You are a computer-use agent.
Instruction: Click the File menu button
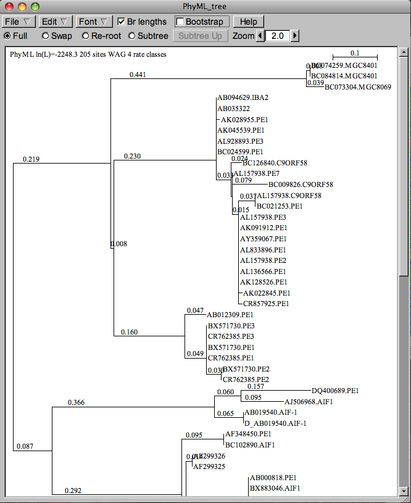pyautogui.click(x=19, y=22)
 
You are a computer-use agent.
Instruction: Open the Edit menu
pyautogui.click(x=57, y=22)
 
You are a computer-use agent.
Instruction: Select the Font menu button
pyautogui.click(x=94, y=22)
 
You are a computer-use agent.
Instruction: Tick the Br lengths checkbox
pyautogui.click(x=122, y=22)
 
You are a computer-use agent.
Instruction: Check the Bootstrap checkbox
pyautogui.click(x=180, y=22)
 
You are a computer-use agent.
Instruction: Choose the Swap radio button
pyautogui.click(x=46, y=36)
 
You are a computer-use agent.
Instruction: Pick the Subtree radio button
pyautogui.click(x=131, y=36)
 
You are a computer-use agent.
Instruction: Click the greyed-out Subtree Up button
pyautogui.click(x=200, y=36)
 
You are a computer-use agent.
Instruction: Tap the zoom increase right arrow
pyautogui.click(x=295, y=36)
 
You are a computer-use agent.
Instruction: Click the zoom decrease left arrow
pyautogui.click(x=260, y=36)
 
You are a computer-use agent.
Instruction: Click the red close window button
pyautogui.click(x=9, y=7)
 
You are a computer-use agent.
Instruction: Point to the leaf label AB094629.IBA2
pyautogui.click(x=243, y=98)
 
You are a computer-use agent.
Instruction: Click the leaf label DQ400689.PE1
pyautogui.click(x=335, y=391)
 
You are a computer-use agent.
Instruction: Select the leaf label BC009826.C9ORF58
pyautogui.click(x=301, y=185)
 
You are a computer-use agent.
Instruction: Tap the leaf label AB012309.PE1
pyautogui.click(x=231, y=315)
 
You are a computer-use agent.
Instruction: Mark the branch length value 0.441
pyautogui.click(x=138, y=75)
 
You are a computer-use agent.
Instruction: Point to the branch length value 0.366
pyautogui.click(x=77, y=403)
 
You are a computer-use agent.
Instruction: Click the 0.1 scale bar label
pyautogui.click(x=355, y=53)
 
